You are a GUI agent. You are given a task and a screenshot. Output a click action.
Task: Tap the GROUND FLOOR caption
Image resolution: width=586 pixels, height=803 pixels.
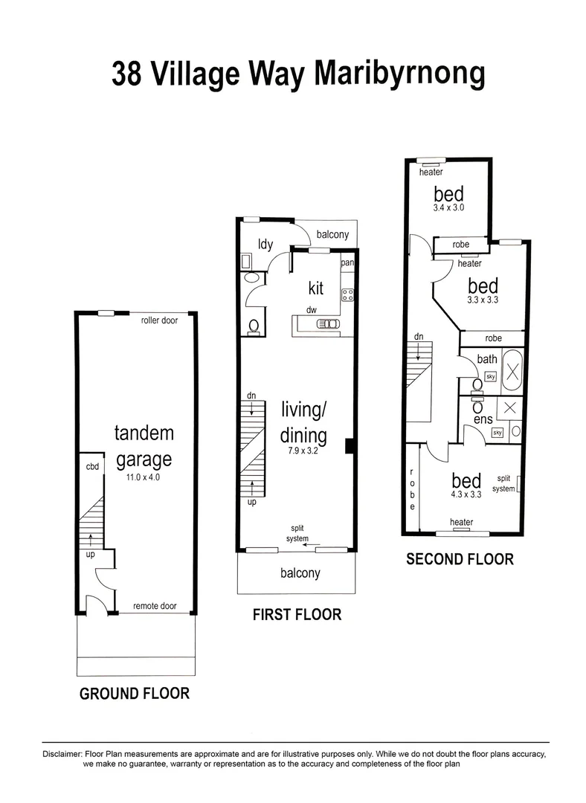click(x=135, y=694)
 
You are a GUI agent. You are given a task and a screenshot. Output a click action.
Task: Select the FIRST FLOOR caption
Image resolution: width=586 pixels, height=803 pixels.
click(x=296, y=614)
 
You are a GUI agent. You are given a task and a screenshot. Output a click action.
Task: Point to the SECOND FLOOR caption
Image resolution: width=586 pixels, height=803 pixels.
click(x=460, y=559)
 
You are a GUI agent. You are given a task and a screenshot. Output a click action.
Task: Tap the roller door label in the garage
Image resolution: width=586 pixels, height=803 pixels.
click(x=158, y=321)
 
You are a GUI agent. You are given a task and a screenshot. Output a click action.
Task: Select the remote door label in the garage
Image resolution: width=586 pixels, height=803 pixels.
click(x=155, y=606)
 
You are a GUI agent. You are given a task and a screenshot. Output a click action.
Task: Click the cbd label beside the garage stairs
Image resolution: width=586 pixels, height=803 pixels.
click(x=92, y=467)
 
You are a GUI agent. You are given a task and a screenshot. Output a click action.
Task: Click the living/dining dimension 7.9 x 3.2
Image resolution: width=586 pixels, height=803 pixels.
click(x=304, y=450)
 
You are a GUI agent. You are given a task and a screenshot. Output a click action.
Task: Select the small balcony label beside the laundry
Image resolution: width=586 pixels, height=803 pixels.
click(x=332, y=234)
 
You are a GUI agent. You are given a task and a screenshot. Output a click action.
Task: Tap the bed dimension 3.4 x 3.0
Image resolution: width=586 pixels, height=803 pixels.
click(x=448, y=208)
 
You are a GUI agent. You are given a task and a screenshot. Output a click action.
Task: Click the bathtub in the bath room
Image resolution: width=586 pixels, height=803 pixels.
click(x=512, y=369)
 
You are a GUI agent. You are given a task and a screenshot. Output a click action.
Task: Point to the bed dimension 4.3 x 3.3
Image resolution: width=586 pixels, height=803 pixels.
click(x=466, y=492)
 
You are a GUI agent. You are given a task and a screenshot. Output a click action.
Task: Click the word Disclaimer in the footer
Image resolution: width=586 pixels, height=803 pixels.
click(x=62, y=754)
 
